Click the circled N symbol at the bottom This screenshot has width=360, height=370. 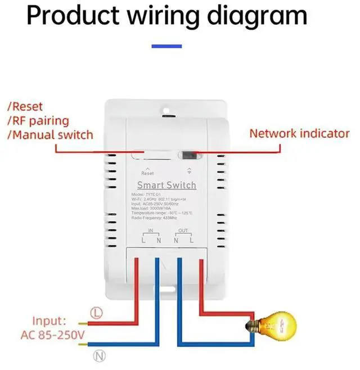coord(98,354)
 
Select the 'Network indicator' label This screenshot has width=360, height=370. coord(299,134)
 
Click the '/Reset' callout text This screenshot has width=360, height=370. coord(25,106)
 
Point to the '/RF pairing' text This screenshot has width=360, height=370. coord(38,120)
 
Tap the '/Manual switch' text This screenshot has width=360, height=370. coord(50,135)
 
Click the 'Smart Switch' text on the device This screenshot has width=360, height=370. coord(167,185)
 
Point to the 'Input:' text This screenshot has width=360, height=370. coord(49,321)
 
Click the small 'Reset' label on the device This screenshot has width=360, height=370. coord(147,173)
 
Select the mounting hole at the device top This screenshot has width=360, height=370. coord(167,104)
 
